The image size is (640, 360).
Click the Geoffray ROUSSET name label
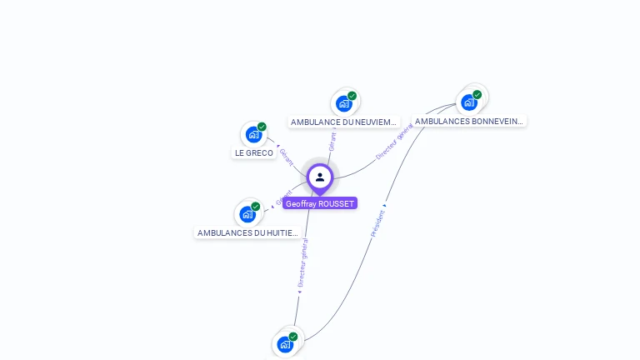tap(320, 203)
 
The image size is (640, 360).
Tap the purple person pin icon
tap(320, 177)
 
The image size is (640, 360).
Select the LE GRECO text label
tap(254, 152)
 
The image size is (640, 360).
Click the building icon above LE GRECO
tap(253, 135)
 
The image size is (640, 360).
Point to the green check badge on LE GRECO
tap(262, 127)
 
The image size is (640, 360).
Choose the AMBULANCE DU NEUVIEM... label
tap(344, 122)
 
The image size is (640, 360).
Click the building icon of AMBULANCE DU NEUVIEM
tap(343, 104)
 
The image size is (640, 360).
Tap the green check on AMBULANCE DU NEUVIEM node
tap(352, 96)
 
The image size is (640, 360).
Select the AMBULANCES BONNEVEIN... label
tap(469, 121)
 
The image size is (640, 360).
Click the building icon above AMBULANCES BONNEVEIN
tap(469, 102)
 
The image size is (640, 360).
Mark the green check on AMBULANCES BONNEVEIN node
tap(477, 94)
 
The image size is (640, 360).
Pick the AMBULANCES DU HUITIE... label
tap(247, 232)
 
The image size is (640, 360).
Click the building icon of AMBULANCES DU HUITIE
tap(247, 214)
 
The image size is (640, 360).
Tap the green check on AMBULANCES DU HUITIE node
tap(256, 206)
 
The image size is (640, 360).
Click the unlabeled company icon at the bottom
tap(285, 344)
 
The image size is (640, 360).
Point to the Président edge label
tap(377, 222)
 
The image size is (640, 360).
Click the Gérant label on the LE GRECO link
tap(286, 157)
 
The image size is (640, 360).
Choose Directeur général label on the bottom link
tap(302, 263)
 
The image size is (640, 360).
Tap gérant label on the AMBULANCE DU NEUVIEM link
tap(332, 140)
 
